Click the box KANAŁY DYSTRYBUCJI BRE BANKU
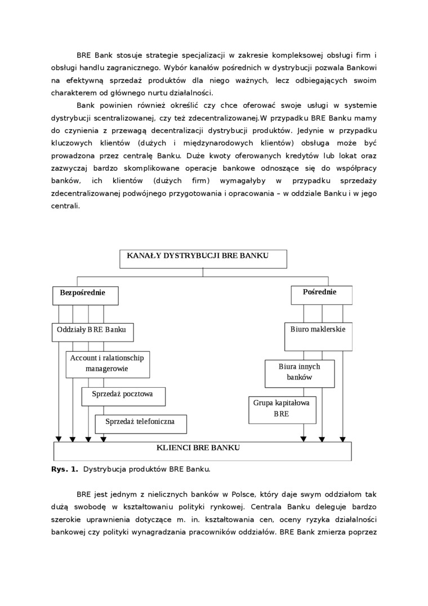[203, 258]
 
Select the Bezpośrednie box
[86, 295]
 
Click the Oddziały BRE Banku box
[92, 332]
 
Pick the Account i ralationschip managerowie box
[108, 364]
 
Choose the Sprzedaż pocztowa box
[123, 396]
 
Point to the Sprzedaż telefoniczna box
[140, 423]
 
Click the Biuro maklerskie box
[318, 337]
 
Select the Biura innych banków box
[300, 373]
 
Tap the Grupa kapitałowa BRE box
[282, 409]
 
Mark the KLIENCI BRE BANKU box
[202, 450]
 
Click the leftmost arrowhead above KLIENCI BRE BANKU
[58, 439]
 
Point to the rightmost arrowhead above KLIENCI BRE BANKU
[342, 439]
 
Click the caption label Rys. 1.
[65, 468]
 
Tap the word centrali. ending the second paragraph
[66, 206]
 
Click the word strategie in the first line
[163, 55]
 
